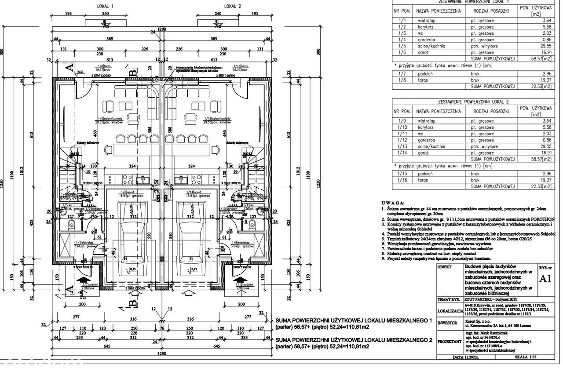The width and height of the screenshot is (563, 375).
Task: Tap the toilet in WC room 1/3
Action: coord(72,226)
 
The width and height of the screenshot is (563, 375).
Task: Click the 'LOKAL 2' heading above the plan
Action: coord(233,7)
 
